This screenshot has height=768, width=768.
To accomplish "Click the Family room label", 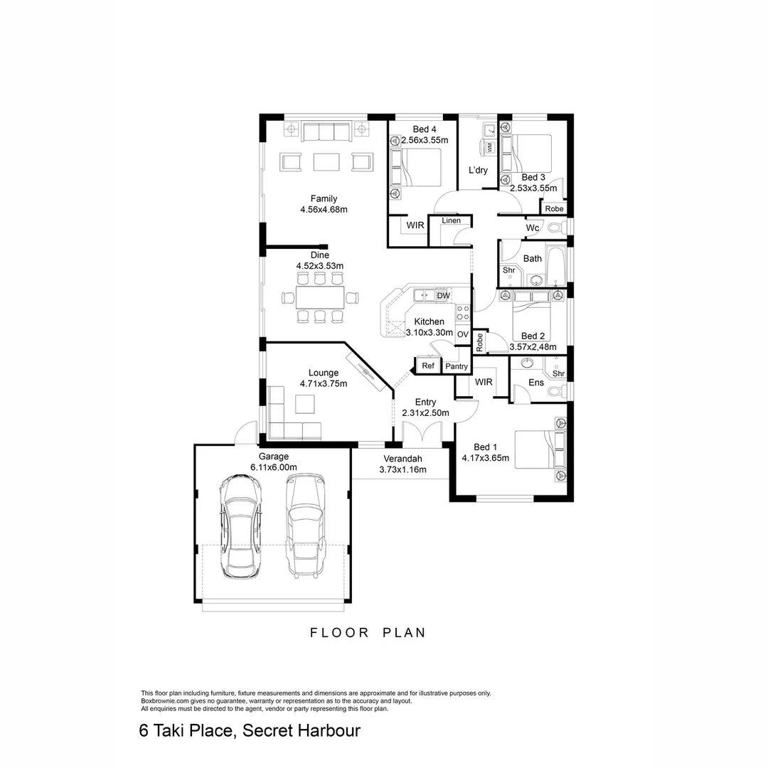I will [324, 199].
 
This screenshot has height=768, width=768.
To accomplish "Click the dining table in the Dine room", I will [319, 296].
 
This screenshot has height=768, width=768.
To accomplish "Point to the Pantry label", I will [456, 367].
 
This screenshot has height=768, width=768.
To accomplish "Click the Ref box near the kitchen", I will [428, 366].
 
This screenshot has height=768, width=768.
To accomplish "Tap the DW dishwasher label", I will [443, 296].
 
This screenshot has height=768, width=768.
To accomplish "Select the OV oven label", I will [462, 334].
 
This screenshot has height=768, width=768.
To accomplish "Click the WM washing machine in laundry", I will [490, 147].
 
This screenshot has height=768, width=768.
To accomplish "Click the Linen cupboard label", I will [451, 220].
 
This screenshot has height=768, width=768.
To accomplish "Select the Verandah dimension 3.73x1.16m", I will [403, 470].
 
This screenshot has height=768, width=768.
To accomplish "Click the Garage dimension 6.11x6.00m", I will [273, 467].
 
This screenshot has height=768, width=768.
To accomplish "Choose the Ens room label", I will [536, 383].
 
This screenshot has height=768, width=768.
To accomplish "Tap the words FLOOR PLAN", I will [368, 632].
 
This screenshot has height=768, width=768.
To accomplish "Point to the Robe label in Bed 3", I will [554, 209].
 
